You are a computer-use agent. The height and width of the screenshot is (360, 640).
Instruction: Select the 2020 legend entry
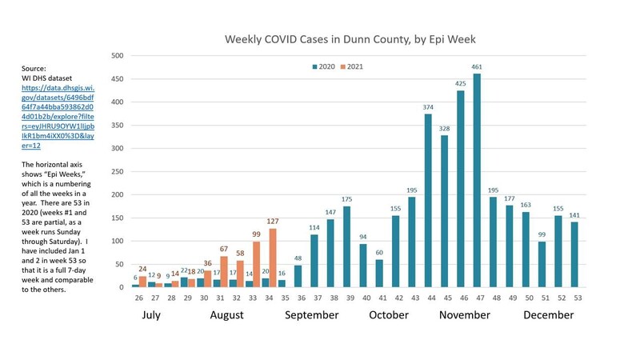click(x=324, y=66)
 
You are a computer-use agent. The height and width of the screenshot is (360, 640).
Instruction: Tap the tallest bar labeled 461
click(x=477, y=181)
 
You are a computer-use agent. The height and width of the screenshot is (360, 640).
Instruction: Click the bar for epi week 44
click(x=428, y=201)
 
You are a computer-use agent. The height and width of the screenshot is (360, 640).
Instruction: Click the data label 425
click(x=460, y=82)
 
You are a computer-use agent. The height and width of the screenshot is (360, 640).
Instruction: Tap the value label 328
click(x=444, y=127)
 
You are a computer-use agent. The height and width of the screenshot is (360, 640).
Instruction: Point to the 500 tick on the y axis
click(x=117, y=55)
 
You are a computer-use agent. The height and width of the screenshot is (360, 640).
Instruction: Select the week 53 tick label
click(x=574, y=297)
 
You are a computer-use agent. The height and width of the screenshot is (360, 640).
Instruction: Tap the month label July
click(x=150, y=315)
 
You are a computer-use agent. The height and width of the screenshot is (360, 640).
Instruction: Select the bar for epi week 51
click(x=542, y=264)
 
